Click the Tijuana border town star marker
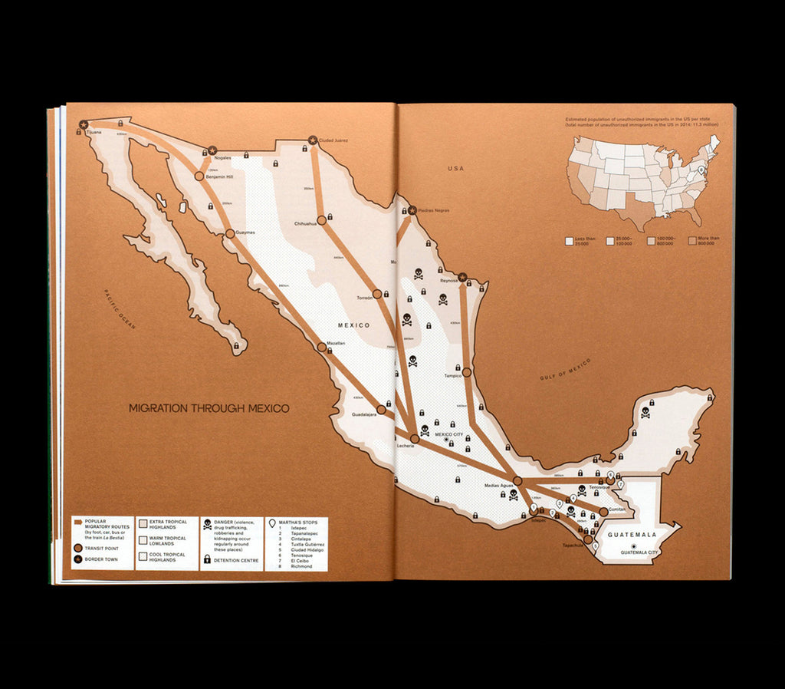[84, 124]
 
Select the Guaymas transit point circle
[229, 234]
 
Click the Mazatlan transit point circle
[322, 347]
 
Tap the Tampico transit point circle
[466, 371]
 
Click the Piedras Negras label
[434, 210]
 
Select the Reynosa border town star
[463, 278]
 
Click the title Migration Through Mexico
[209, 408]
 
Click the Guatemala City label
[639, 552]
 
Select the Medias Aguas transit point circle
[517, 480]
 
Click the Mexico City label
[449, 434]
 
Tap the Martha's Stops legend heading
[298, 523]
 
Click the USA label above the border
[457, 168]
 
